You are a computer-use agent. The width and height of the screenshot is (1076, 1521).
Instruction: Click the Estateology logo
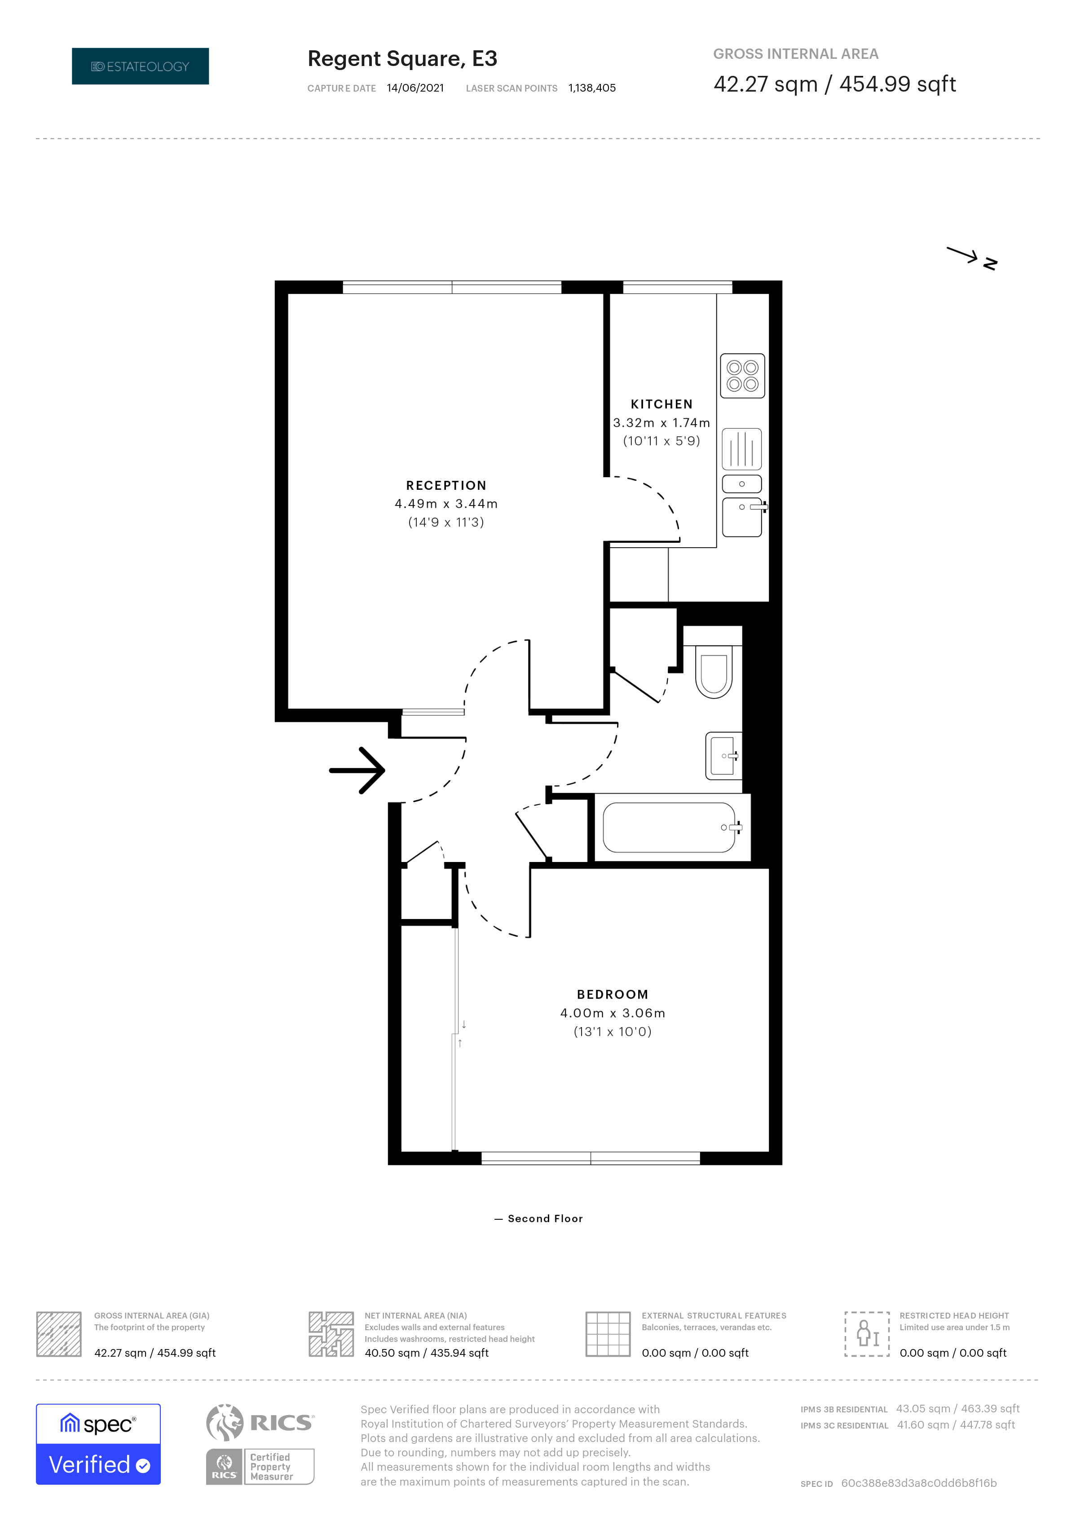(141, 66)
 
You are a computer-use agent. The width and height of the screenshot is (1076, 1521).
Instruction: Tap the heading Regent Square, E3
(402, 59)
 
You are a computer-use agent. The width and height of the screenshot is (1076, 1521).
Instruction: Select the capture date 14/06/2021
(415, 88)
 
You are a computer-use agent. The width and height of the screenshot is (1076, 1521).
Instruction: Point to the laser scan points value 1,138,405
(592, 88)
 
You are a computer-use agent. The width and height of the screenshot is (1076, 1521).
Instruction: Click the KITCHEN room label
(661, 404)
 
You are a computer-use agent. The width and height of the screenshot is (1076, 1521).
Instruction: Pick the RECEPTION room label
(446, 486)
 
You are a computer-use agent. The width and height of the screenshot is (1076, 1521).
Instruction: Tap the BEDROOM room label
(612, 994)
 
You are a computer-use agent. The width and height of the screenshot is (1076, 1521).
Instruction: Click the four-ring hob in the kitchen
(742, 376)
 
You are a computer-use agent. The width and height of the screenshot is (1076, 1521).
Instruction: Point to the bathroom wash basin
(723, 756)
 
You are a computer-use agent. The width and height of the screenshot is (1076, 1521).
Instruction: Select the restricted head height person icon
(867, 1333)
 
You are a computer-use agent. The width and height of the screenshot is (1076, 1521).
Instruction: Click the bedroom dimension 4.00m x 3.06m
(612, 1013)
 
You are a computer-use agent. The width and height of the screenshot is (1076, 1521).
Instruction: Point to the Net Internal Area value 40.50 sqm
(392, 1353)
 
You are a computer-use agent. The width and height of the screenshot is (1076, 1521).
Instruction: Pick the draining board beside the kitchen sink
(741, 449)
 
